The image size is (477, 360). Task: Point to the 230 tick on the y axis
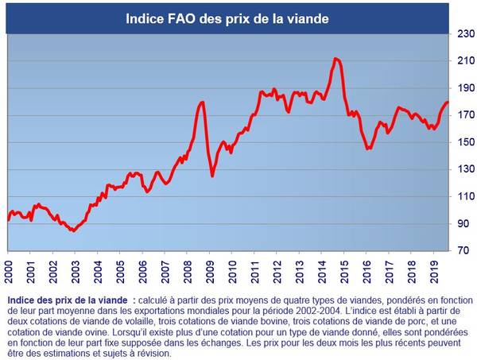point(463,33)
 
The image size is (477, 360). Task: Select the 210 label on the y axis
point(463,61)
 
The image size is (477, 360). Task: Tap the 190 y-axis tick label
point(463,88)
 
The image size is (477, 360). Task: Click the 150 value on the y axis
point(463,142)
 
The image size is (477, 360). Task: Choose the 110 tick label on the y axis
point(463,196)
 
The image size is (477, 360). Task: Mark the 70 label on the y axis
point(463,251)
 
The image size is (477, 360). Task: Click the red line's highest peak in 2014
point(336,58)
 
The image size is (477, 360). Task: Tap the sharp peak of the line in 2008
point(203,102)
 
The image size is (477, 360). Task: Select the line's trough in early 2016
point(368,149)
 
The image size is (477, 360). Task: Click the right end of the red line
point(448,102)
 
